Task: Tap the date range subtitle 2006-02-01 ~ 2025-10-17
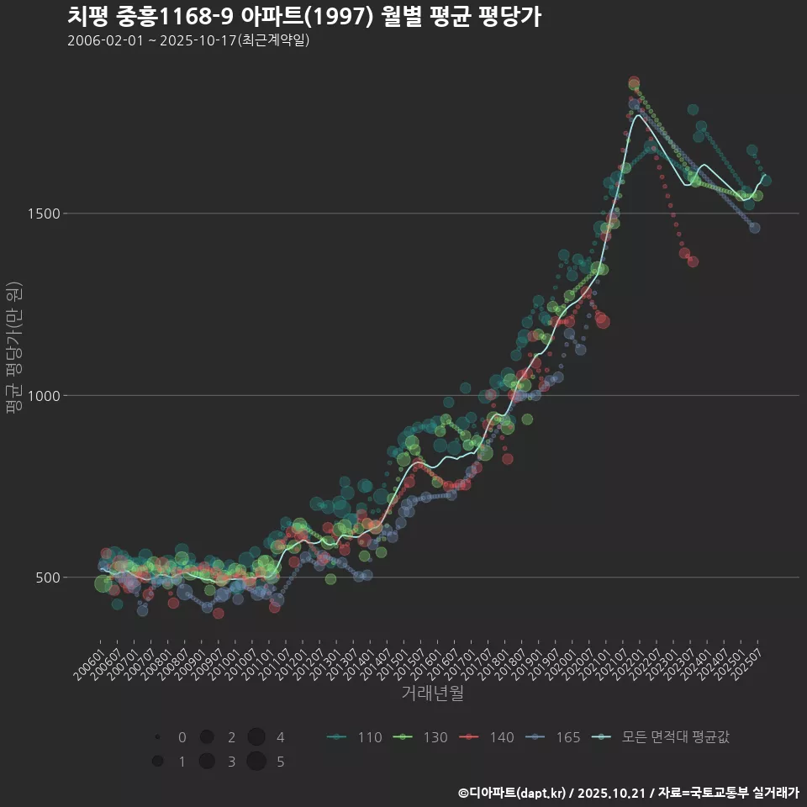pos(188,40)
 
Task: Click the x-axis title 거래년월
pos(432,693)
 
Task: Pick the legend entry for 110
pos(354,737)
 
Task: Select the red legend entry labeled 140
pos(487,737)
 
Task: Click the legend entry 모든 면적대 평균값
pos(661,737)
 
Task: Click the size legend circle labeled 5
pos(256,762)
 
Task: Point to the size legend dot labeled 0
pos(157,737)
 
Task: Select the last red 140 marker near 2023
pos(693,261)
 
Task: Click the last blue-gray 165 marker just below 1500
pos(754,228)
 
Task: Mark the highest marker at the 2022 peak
pos(634,82)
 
